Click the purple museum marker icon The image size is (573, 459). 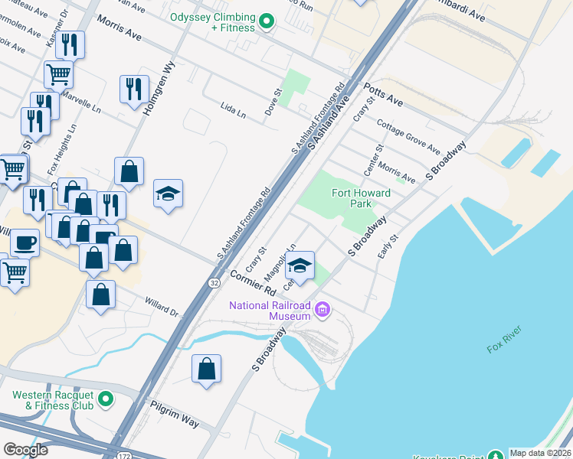pyautogui.click(x=323, y=310)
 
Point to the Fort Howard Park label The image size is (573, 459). pyautogui.click(x=361, y=198)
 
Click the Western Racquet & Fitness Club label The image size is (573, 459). pyautogui.click(x=52, y=400)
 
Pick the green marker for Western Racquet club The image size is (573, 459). pyautogui.click(x=106, y=399)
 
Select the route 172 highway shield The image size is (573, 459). pyautogui.click(x=125, y=455)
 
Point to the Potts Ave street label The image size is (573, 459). pyautogui.click(x=383, y=95)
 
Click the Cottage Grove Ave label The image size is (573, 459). pyautogui.click(x=408, y=136)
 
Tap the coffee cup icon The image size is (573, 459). pyautogui.click(x=25, y=242)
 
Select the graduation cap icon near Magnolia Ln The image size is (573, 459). pyautogui.click(x=300, y=264)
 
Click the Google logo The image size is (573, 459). pyautogui.click(x=26, y=450)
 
